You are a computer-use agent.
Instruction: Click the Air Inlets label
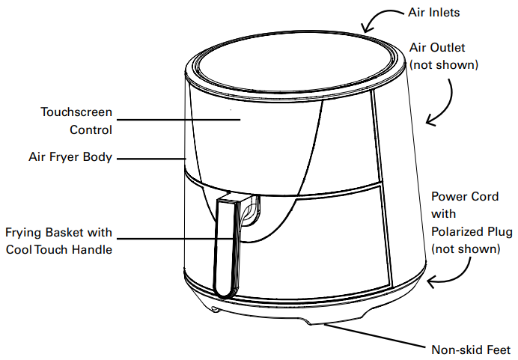(x=433, y=13)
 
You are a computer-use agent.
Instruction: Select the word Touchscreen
(x=76, y=112)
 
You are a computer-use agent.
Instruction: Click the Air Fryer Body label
(x=70, y=156)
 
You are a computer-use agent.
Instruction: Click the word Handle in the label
(x=92, y=249)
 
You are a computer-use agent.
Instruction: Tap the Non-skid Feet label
(x=471, y=350)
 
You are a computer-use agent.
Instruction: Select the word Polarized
(x=456, y=231)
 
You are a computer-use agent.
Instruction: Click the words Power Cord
(x=465, y=197)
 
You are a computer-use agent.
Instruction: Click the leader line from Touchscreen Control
(x=178, y=120)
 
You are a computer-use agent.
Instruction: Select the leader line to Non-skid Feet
(x=374, y=336)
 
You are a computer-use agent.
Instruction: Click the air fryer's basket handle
(x=227, y=247)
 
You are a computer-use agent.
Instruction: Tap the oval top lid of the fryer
(x=295, y=62)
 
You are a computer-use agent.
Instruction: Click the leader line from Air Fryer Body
(x=151, y=159)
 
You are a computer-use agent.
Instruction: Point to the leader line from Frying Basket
(x=174, y=238)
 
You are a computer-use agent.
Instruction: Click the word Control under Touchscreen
(x=91, y=129)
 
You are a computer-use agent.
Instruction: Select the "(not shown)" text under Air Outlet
(x=444, y=64)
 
